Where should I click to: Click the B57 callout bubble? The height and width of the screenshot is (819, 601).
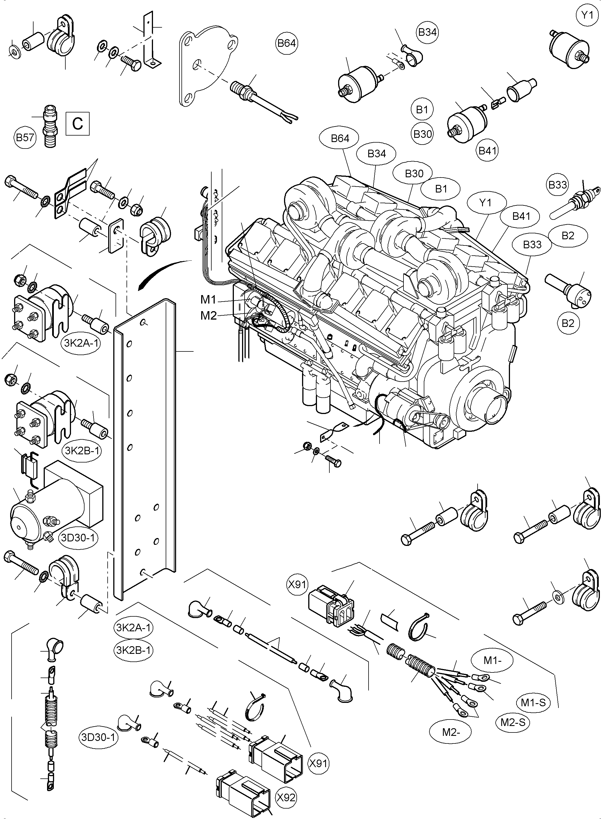click(x=25, y=137)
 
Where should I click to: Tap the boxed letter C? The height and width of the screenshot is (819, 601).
click(x=77, y=124)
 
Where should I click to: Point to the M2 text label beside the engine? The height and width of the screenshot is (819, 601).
click(x=209, y=315)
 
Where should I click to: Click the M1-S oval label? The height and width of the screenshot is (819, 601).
click(x=533, y=703)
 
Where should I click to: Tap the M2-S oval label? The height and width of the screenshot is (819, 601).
click(x=513, y=722)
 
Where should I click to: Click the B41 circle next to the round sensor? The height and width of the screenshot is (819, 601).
click(x=487, y=150)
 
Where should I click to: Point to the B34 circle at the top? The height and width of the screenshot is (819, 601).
click(x=427, y=32)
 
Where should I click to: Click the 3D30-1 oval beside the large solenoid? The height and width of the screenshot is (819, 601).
click(x=78, y=537)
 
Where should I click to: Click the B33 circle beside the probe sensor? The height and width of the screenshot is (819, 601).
click(x=557, y=185)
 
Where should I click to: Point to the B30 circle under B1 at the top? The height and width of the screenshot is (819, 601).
click(x=422, y=134)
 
